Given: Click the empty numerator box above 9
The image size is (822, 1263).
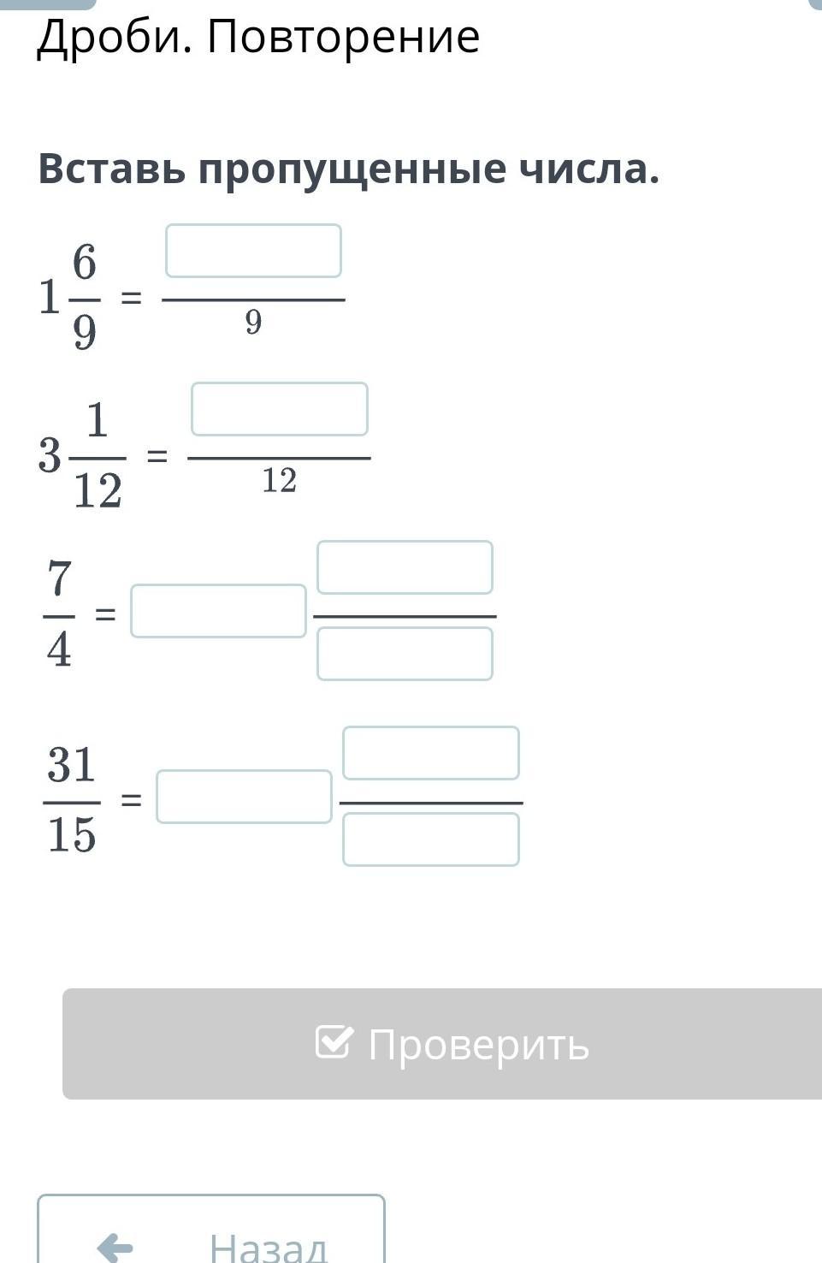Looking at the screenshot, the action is [253, 251].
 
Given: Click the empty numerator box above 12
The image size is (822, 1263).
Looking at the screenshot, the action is [279, 409].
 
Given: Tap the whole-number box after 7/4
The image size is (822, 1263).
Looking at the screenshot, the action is [218, 611].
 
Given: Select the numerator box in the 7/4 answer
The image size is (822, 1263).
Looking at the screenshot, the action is [405, 567].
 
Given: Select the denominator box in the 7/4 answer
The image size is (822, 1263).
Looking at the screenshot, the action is [405, 654].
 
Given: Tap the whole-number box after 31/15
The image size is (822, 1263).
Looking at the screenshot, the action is [244, 797].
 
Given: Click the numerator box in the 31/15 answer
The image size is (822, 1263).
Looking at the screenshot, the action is [430, 753].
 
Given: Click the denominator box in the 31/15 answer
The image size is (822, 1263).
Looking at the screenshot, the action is [430, 839].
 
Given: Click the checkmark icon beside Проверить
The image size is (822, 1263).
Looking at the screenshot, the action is [333, 1041].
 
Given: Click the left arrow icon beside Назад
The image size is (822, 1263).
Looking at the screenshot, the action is [115, 1247].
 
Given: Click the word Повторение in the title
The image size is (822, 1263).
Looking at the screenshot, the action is [343, 37].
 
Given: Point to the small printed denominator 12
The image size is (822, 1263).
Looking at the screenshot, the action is [279, 481].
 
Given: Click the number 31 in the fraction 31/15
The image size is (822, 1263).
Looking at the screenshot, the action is [71, 764].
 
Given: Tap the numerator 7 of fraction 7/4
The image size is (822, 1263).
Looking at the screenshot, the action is [59, 578].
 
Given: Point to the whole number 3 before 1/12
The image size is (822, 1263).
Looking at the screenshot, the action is [50, 455].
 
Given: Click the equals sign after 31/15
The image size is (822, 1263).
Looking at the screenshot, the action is [131, 800].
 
